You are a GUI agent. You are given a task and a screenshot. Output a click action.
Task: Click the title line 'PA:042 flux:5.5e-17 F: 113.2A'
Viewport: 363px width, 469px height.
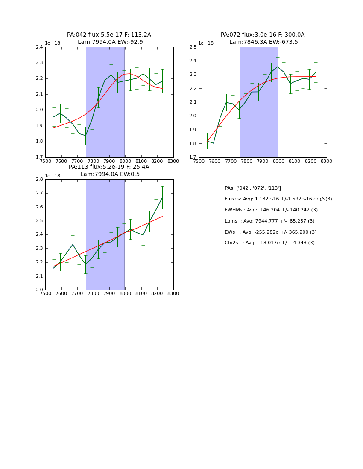(109, 35)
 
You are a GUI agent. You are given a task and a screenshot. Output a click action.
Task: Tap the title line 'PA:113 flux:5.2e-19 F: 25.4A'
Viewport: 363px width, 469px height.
(109, 167)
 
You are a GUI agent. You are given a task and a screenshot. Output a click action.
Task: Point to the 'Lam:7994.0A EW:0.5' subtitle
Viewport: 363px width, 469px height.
(110, 174)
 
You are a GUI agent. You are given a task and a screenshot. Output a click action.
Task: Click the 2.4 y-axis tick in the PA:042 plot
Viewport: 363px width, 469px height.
(39, 47)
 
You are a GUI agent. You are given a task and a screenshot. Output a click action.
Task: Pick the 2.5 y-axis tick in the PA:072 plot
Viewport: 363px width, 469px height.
(193, 47)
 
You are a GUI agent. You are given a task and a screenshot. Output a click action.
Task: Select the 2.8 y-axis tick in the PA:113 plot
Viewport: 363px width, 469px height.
(39, 179)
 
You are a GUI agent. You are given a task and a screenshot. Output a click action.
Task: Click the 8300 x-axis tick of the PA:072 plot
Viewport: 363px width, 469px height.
(327, 161)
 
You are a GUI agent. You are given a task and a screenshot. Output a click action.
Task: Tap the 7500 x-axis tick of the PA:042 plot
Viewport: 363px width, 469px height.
(45, 161)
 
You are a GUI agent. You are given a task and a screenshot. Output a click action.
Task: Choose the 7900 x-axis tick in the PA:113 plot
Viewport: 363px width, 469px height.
(109, 293)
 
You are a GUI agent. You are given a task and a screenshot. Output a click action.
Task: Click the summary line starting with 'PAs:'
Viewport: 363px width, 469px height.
(253, 188)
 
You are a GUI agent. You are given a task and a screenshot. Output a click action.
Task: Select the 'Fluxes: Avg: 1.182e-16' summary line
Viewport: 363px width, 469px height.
(278, 199)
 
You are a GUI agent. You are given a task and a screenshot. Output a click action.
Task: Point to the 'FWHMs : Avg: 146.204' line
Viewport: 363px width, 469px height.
(271, 210)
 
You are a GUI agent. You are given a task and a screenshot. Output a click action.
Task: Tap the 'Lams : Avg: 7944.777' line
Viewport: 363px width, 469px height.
(269, 221)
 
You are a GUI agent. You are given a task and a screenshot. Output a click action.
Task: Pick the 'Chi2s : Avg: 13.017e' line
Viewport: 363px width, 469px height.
(269, 243)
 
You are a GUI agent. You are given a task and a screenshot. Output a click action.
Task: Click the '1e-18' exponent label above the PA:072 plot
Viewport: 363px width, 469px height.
(206, 43)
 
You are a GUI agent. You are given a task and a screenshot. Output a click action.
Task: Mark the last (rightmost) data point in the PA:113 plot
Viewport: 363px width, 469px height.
(162, 197)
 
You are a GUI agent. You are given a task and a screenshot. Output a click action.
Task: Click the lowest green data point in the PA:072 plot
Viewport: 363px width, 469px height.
(214, 143)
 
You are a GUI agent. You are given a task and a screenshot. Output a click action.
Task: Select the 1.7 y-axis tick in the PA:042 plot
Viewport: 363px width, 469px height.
(39, 157)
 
